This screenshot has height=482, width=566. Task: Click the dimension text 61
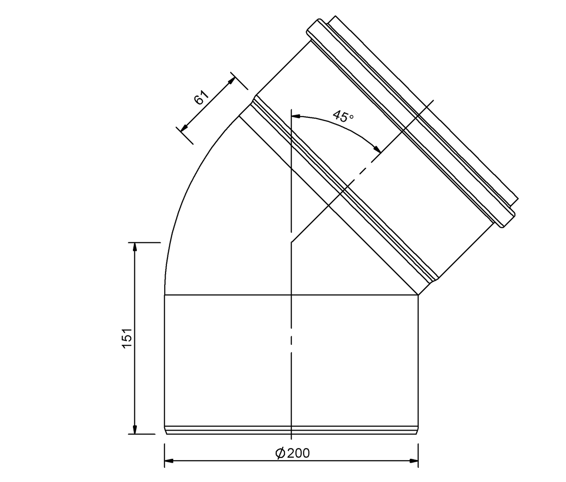pos(201,97)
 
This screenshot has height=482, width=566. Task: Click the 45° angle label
pos(343,116)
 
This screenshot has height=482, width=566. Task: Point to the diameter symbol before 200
pos(280,453)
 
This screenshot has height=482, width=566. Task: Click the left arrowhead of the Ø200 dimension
pos(169,461)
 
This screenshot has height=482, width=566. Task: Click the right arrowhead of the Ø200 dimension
pos(414,461)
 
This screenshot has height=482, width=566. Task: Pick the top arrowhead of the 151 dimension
pos(134,247)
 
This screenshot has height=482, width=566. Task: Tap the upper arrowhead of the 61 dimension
pos(232,81)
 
